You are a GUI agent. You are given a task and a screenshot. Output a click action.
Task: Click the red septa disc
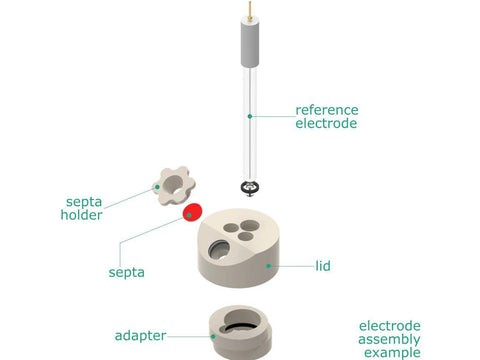(x=192, y=213)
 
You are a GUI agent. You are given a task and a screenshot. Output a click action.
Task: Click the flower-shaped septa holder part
(x=174, y=186)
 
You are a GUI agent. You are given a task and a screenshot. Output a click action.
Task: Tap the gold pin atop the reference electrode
(x=250, y=10)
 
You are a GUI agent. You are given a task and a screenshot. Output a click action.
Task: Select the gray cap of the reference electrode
(x=250, y=43)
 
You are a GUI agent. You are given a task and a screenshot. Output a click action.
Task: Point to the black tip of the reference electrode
(x=250, y=188)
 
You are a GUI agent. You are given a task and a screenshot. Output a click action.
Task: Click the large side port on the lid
(x=219, y=249)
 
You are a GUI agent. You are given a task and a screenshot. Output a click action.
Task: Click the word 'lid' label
(x=323, y=266)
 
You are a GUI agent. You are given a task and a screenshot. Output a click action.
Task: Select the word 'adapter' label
(x=140, y=336)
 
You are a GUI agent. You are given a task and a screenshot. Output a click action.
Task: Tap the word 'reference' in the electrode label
(x=327, y=110)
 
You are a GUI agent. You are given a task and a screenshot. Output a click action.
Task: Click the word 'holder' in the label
(x=81, y=215)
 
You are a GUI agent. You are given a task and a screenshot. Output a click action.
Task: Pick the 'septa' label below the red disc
(x=127, y=273)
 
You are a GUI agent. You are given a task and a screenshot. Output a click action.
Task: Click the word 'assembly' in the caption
(x=389, y=340)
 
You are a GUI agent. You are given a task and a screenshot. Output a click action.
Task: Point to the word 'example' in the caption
(x=392, y=353)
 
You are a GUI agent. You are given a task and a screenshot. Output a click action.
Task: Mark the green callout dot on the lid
(x=268, y=266)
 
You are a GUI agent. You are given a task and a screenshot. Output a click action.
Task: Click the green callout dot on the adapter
(x=213, y=336)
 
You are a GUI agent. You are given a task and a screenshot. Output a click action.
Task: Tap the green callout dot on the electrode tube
(x=250, y=116)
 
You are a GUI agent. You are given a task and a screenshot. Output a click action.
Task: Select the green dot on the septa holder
(x=157, y=187)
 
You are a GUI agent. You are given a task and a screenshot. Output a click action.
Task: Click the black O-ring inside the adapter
(x=242, y=327)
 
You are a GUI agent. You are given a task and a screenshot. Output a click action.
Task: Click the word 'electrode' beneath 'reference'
(x=326, y=123)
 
